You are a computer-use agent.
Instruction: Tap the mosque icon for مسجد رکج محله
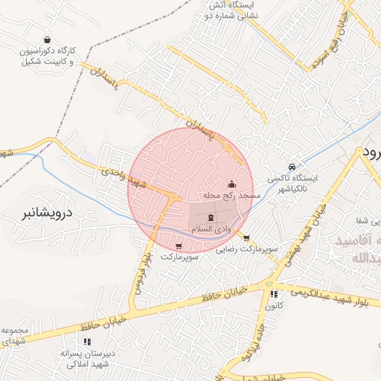231,184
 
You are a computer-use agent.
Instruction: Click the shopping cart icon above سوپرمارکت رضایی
247,238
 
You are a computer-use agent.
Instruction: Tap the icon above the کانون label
274,294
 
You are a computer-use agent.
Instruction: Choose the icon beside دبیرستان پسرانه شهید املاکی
87,342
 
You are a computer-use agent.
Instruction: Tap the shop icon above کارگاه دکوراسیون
48,40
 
